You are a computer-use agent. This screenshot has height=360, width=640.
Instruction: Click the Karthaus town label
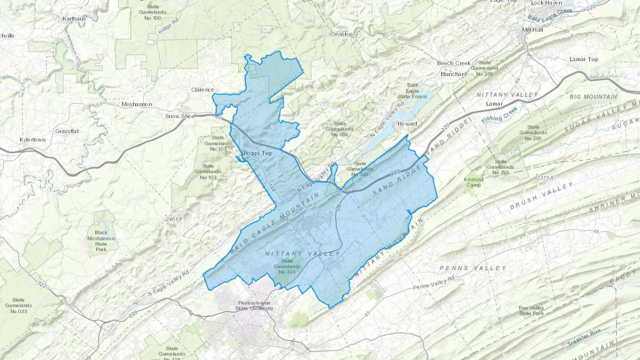[x=74, y=19]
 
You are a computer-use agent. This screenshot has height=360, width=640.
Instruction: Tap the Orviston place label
[x=341, y=34]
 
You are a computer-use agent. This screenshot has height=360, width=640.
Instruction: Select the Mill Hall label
[x=532, y=30]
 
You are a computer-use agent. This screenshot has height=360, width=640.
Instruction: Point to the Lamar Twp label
[x=584, y=59]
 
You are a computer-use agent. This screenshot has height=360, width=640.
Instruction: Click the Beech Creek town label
[x=454, y=63]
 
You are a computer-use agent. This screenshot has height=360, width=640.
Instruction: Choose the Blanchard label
[x=453, y=74]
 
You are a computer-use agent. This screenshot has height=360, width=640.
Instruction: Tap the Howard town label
[x=407, y=124]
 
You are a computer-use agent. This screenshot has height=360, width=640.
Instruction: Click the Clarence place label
[x=203, y=90]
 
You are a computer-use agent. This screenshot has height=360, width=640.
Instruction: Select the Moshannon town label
[x=137, y=104]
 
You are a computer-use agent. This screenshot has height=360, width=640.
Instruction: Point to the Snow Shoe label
[x=180, y=116]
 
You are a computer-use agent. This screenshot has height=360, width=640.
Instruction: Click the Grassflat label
[x=67, y=131]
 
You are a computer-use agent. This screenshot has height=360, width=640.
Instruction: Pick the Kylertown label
[x=33, y=140]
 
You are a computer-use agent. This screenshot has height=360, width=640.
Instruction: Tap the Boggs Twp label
[x=258, y=153]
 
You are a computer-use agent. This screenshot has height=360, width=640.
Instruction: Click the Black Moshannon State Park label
[x=101, y=241]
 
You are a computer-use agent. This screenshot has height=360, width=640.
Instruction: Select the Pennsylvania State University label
[x=254, y=306]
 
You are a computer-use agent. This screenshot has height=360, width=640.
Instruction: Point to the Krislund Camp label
[x=474, y=182]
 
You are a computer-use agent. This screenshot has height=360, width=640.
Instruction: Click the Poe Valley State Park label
[x=531, y=311]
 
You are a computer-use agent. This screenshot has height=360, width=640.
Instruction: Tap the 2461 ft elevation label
[x=174, y=219]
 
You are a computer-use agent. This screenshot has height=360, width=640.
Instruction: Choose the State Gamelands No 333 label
[x=287, y=266]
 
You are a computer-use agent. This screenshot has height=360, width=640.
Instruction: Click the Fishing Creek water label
[x=499, y=115]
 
